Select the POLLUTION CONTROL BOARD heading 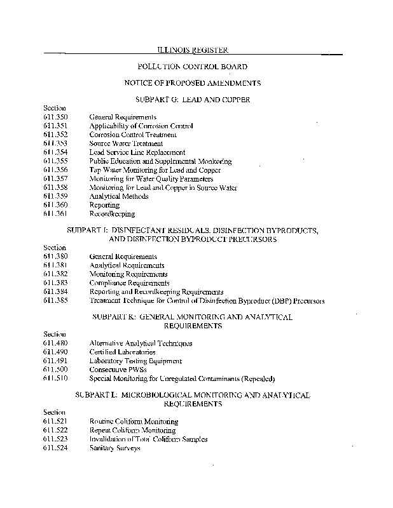click(192, 66)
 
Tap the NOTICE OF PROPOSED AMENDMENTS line click(192, 83)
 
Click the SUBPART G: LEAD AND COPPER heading click(192, 100)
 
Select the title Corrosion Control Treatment click(133, 135)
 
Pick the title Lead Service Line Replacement click(137, 152)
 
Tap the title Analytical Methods click(119, 196)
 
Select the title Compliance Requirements click(130, 283)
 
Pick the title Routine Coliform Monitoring click(134, 421)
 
